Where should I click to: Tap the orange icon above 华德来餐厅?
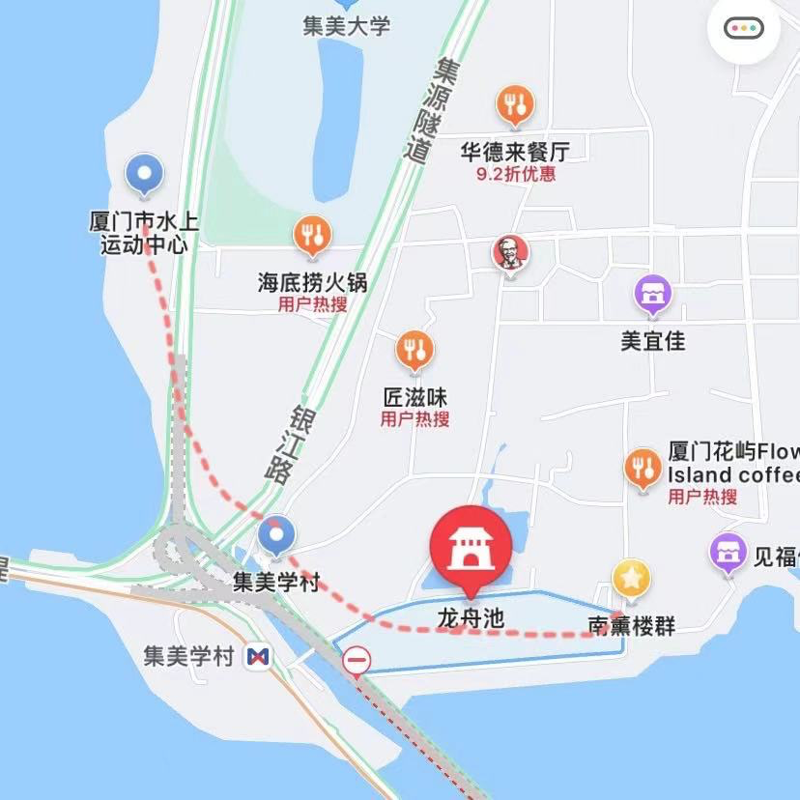pyautogui.click(x=516, y=104)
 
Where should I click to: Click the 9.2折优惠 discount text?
pyautogui.click(x=516, y=175)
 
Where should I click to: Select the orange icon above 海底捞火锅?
pyautogui.click(x=312, y=235)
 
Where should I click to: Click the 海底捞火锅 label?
pyautogui.click(x=312, y=282)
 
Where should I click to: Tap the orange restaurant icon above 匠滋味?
pyautogui.click(x=415, y=351)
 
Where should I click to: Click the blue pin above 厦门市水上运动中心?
pyautogui.click(x=145, y=175)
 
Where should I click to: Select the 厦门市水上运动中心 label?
pyautogui.click(x=144, y=233)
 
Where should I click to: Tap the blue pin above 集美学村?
pyautogui.click(x=277, y=534)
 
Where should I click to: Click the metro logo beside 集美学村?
pyautogui.click(x=257, y=658)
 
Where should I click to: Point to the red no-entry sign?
pyautogui.click(x=357, y=661)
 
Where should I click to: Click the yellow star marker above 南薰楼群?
pyautogui.click(x=631, y=580)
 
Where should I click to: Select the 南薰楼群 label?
pyautogui.click(x=631, y=626)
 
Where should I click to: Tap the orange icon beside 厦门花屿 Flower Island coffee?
pyautogui.click(x=643, y=469)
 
